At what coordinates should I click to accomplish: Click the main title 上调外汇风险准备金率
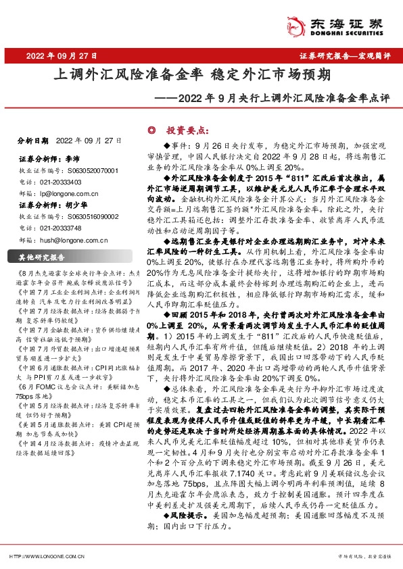coord(114,74)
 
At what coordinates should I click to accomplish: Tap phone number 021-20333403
coord(56,182)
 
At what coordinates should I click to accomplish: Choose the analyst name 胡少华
coord(76,204)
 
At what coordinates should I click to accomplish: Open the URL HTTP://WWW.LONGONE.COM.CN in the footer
coord(46,555)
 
